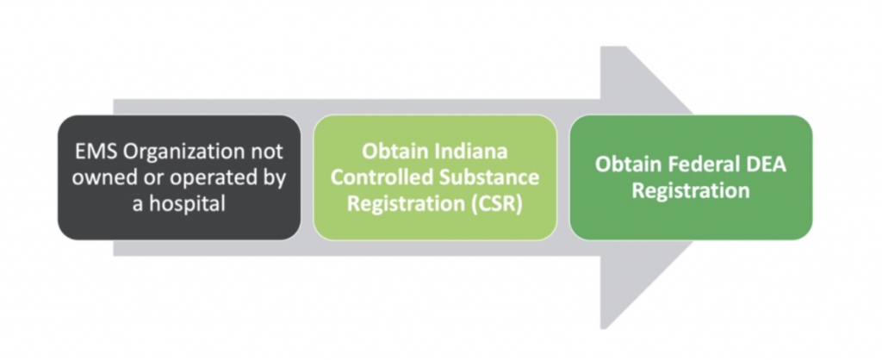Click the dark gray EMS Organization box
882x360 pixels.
pyautogui.click(x=179, y=177)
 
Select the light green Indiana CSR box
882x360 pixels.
pyautogui.click(x=435, y=177)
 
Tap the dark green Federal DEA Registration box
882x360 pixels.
pyautogui.click(x=691, y=177)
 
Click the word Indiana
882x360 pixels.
pyautogui.click(x=471, y=152)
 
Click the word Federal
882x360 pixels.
pyautogui.click(x=701, y=164)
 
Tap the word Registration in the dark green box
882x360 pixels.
pyautogui.click(x=691, y=190)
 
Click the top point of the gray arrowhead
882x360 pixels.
pyautogui.click(x=600, y=47)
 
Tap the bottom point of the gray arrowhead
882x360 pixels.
pyautogui.click(x=601, y=329)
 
